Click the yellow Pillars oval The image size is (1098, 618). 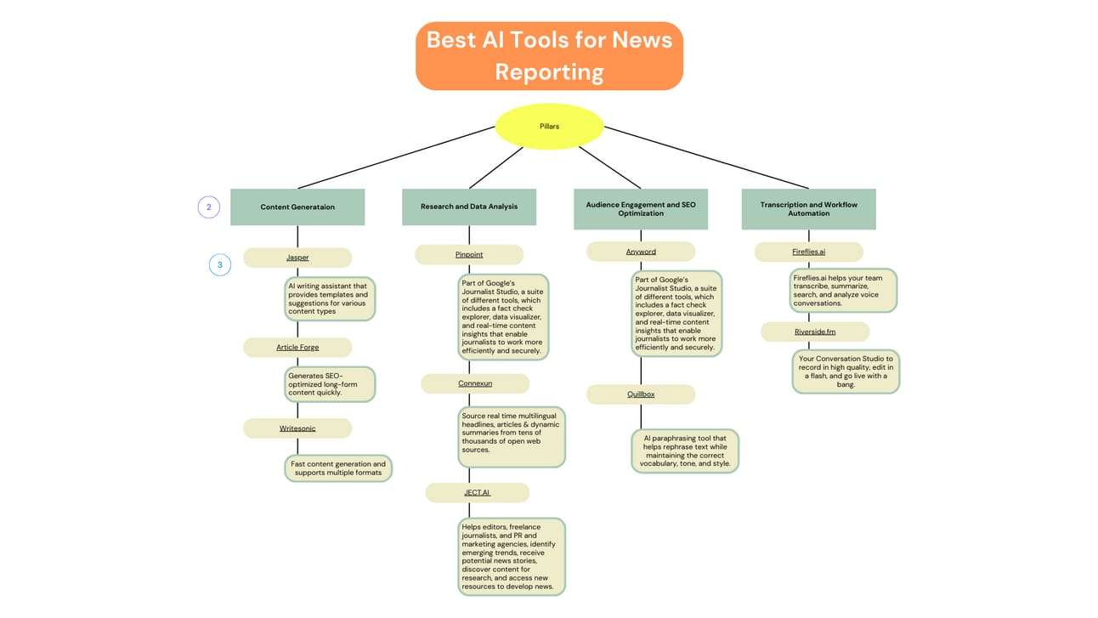coord(549,126)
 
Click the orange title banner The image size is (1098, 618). coord(549,56)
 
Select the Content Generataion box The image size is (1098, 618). coord(297,207)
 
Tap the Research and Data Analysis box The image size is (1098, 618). coord(469,207)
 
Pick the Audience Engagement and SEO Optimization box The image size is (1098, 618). coord(641,209)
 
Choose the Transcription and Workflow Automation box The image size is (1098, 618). coord(808,209)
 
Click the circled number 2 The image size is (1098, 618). coord(209,207)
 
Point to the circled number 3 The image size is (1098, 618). coord(220,265)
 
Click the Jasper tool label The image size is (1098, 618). coord(297,257)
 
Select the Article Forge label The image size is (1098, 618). coord(297,347)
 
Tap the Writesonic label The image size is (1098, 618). coord(297,428)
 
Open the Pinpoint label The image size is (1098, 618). coord(469,254)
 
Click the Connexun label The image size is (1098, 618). coord(475,383)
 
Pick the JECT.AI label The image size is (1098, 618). coord(477,492)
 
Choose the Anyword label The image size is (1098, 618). coord(641,252)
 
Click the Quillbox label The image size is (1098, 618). coord(641,394)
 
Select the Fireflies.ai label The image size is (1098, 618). coord(808,252)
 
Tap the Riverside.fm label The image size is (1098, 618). coord(815,332)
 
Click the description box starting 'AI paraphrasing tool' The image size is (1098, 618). coord(685,451)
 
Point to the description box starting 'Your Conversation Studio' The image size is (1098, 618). coord(846,371)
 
